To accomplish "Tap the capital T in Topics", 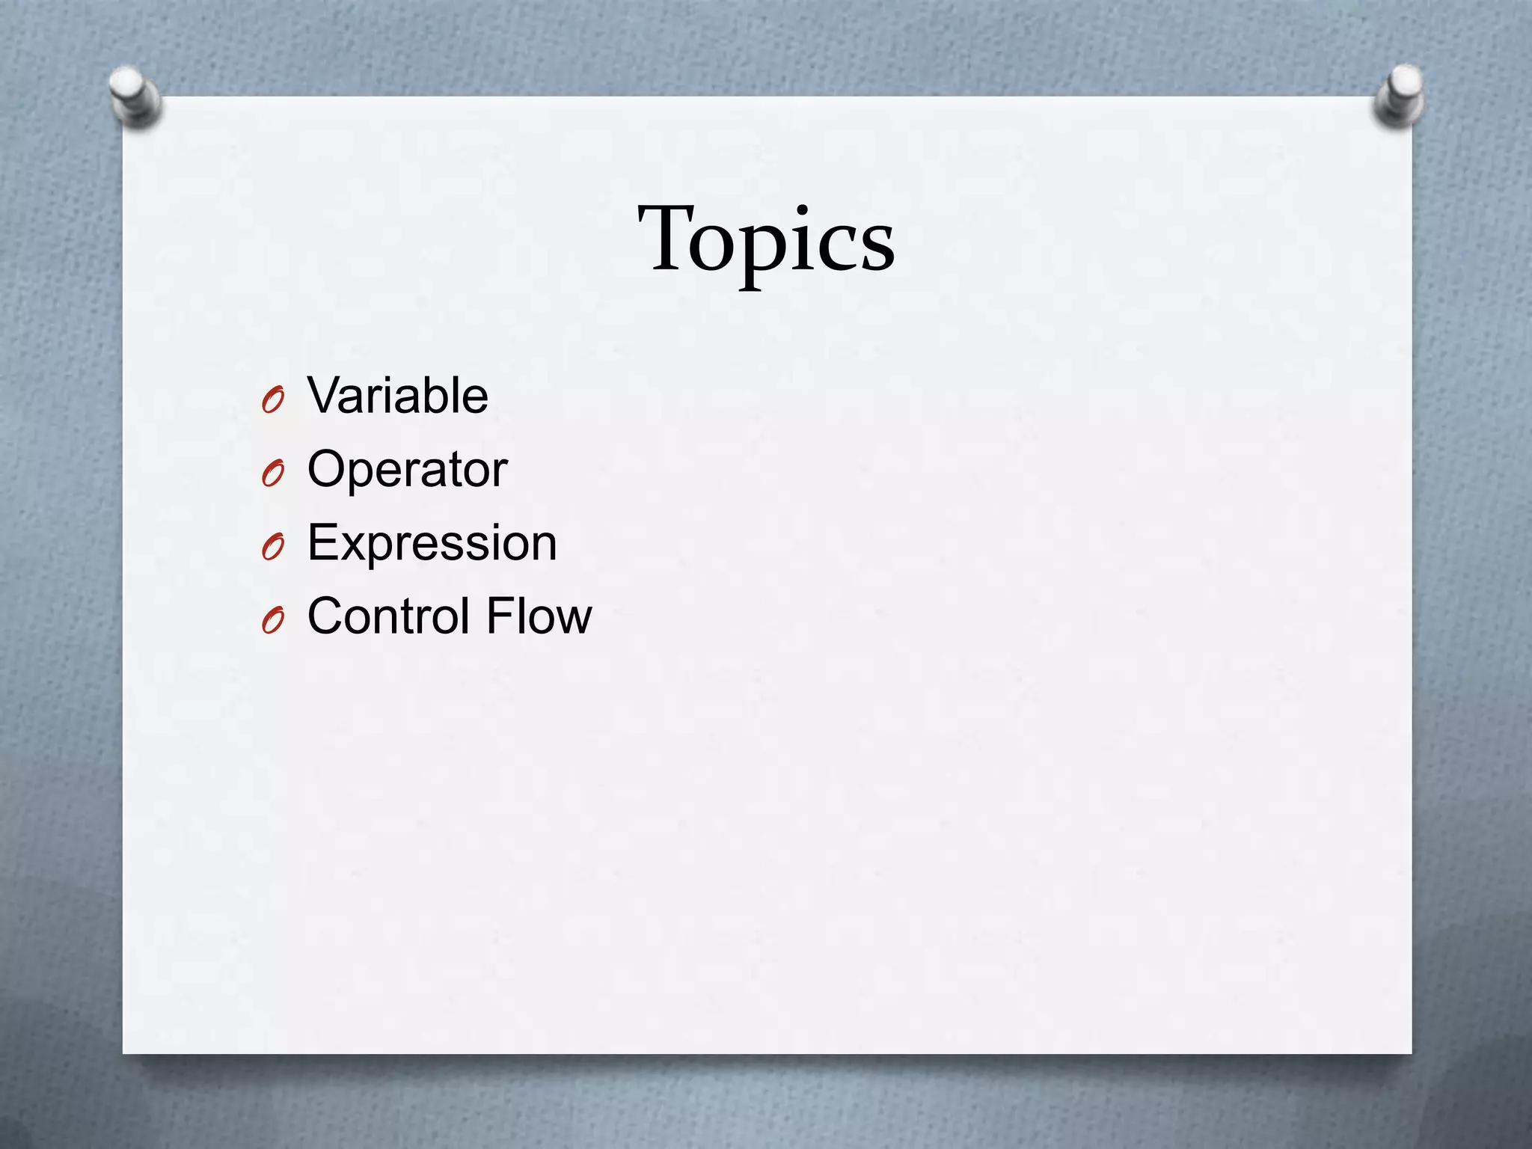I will coord(667,238).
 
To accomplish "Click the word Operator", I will coord(407,469).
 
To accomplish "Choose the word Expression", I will coord(432,542).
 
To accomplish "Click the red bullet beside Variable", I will coord(273,401).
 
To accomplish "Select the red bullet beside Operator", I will coord(273,474).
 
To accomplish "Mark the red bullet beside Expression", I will coord(273,548).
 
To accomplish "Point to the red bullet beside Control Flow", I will coord(273,622).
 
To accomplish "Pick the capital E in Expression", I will coord(322,542).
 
